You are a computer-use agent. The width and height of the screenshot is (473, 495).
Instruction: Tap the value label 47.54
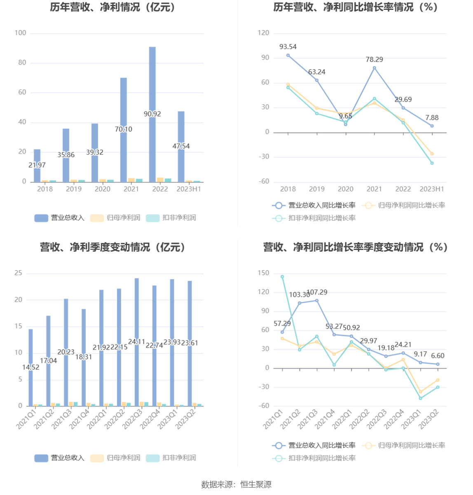click(181, 146)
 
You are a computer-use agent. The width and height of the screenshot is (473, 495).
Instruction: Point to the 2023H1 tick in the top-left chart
click(189, 189)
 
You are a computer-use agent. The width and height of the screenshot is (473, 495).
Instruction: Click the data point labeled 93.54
click(288, 55)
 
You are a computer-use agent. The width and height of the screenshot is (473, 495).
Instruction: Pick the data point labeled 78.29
click(374, 68)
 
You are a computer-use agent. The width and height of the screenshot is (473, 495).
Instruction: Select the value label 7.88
click(432, 118)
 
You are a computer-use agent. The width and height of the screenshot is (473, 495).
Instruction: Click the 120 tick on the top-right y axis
click(263, 33)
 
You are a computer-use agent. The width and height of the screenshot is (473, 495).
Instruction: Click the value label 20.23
click(66, 352)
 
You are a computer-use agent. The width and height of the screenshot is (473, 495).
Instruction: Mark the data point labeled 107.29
click(317, 300)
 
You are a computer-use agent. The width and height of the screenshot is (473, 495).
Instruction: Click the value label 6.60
click(438, 356)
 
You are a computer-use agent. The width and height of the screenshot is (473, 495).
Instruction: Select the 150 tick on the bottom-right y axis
click(263, 273)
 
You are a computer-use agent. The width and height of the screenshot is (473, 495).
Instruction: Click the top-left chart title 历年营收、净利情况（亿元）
click(113, 7)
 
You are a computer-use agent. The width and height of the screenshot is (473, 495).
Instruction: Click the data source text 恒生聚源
click(256, 484)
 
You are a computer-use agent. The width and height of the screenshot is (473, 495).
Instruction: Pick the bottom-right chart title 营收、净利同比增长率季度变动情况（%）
click(355, 247)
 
